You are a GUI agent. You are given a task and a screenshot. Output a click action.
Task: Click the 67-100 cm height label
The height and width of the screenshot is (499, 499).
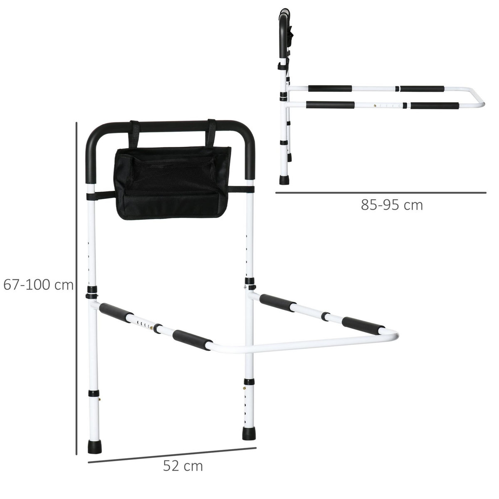(38, 285)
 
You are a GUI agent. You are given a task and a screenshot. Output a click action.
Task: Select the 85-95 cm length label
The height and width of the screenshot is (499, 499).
(392, 205)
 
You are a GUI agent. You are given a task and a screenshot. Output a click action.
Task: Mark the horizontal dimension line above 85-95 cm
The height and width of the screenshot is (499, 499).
(380, 193)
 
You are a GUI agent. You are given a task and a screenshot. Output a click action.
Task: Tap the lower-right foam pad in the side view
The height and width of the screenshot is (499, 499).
(435, 105)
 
